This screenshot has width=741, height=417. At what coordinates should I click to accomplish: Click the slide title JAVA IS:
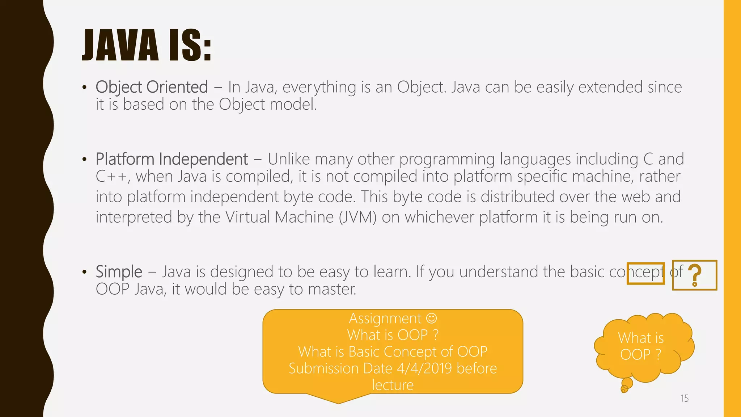pos(147,46)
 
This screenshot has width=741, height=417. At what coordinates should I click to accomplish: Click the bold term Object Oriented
pos(152,87)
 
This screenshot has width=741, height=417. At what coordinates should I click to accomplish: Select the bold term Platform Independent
pos(172,159)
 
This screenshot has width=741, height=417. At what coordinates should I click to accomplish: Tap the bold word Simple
pos(119,272)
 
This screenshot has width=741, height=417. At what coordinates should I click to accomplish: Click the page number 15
pos(684,399)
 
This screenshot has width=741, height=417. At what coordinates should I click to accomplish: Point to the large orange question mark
pos(694,275)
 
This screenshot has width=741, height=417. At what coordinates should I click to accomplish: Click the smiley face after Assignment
pos(432,318)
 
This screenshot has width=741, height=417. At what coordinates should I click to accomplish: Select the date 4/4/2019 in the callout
pos(424,368)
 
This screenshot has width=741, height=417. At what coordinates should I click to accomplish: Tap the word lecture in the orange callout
pos(393,385)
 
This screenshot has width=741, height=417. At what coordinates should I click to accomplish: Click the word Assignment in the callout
pos(385,319)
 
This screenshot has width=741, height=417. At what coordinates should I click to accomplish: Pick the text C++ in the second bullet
pos(111,177)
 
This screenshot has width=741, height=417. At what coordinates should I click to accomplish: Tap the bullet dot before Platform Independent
pos(84,160)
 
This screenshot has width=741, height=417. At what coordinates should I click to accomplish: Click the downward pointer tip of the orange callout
pos(338,402)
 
